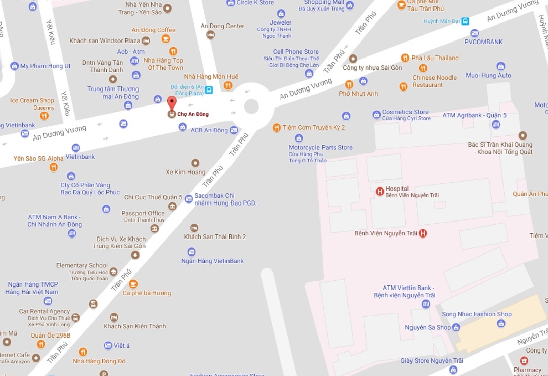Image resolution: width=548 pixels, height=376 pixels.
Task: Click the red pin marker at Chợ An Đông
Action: tap(172, 102)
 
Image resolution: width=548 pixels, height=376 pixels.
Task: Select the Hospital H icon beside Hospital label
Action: tap(380, 192)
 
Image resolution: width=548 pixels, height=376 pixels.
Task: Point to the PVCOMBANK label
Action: tap(483, 42)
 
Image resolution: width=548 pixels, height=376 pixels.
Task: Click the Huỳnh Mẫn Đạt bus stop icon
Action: tap(466, 22)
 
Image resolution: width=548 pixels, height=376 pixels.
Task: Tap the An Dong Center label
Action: tap(222, 26)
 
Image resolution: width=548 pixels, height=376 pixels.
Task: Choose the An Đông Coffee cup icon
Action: tap(166, 39)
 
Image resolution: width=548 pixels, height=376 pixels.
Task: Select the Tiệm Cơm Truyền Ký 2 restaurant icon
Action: tap(276, 128)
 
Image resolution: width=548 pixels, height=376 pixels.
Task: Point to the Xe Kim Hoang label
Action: tap(185, 172)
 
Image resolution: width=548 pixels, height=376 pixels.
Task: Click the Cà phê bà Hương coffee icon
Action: tap(133, 284)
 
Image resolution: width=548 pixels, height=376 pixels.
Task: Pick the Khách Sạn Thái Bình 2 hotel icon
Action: tap(194, 228)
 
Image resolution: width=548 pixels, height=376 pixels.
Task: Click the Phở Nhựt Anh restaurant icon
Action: tap(349, 85)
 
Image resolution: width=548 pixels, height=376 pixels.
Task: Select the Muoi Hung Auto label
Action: tap(489, 75)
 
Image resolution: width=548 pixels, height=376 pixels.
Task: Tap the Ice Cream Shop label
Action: tap(33, 100)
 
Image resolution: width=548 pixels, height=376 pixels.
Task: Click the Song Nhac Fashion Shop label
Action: tap(477, 314)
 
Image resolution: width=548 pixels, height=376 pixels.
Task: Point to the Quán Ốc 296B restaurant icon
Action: tap(40, 344)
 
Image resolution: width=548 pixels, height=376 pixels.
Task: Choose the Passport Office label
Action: tap(143, 213)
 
